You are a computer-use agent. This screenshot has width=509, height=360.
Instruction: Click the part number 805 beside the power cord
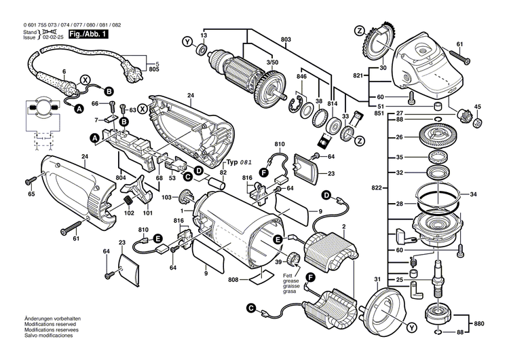click(x=154, y=70)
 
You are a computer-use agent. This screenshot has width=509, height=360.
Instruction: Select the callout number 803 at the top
click(x=286, y=41)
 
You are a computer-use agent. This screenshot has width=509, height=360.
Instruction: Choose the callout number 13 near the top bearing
click(x=203, y=35)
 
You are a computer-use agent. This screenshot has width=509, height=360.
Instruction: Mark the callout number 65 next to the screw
click(x=31, y=195)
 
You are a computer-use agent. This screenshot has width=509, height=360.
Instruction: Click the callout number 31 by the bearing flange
click(x=377, y=281)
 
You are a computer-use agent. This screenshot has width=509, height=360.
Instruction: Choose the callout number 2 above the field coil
click(x=344, y=226)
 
